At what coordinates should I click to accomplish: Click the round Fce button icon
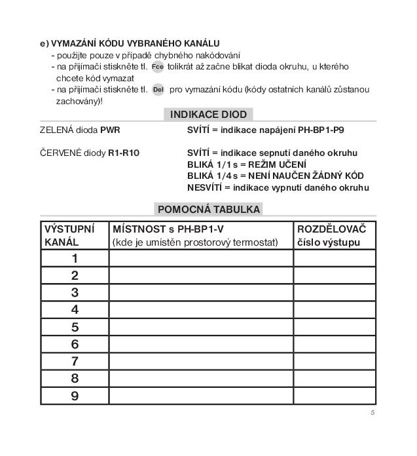click(158, 67)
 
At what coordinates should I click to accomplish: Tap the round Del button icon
click(158, 90)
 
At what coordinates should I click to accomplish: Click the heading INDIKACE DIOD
click(208, 115)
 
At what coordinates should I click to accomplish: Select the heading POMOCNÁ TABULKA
click(208, 210)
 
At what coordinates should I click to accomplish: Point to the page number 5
click(372, 413)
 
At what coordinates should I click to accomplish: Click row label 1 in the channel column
click(75, 259)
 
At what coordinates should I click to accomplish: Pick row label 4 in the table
click(75, 310)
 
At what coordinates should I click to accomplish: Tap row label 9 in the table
click(75, 396)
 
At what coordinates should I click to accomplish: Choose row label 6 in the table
click(75, 344)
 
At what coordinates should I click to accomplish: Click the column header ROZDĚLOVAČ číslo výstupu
click(334, 236)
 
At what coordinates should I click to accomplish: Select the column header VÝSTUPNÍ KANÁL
click(69, 236)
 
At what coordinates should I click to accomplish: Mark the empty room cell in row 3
click(201, 293)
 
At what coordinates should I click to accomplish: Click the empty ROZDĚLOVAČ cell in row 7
click(334, 362)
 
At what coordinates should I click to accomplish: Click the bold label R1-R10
click(124, 153)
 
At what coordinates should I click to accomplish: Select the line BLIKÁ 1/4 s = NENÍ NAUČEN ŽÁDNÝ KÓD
click(275, 176)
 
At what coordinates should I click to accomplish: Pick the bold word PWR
click(111, 130)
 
